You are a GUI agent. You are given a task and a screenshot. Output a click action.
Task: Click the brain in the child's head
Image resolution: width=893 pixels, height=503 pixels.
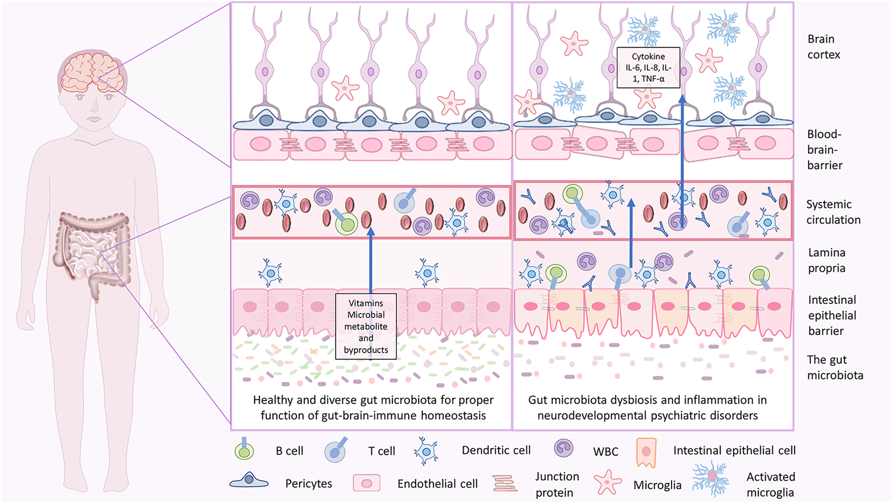pos(92,74)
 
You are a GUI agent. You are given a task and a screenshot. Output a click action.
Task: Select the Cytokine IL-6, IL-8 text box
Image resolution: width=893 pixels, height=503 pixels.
pos(649,68)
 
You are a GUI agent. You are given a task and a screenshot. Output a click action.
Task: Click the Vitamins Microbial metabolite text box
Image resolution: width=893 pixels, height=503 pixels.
pos(366,326)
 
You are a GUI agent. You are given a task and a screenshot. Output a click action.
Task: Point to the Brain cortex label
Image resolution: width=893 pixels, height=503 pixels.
pos(823,47)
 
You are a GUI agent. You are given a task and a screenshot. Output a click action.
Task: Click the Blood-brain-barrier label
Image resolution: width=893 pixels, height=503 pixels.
pos(824,150)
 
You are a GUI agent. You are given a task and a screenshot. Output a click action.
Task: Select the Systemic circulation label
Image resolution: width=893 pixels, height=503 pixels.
pos(833,212)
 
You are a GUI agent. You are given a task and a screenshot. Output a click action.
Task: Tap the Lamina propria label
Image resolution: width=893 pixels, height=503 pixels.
pos(826,260)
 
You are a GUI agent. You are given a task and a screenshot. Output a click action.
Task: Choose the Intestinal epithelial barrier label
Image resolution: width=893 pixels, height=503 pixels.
pos(832,316)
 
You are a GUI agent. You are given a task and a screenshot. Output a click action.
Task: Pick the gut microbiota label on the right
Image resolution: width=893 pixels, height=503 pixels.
pos(835,367)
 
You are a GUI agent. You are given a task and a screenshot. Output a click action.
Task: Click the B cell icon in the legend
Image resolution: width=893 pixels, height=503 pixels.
pos(244,450)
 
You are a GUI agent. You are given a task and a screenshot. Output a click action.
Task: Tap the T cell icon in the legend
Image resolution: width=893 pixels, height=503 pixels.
pos(336,450)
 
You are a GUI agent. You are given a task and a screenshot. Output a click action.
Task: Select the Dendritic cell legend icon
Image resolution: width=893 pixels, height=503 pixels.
pos(426,451)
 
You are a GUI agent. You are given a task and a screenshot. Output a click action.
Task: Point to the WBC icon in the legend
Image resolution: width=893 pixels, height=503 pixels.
pos(563,448)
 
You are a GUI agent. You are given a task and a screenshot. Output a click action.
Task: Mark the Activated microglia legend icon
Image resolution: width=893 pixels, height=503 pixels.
pos(711,477)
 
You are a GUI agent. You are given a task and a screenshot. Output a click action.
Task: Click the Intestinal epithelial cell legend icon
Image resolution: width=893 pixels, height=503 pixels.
pos(646,452)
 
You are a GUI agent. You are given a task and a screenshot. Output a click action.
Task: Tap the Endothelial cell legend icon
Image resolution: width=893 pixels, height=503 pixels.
pos(366,483)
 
